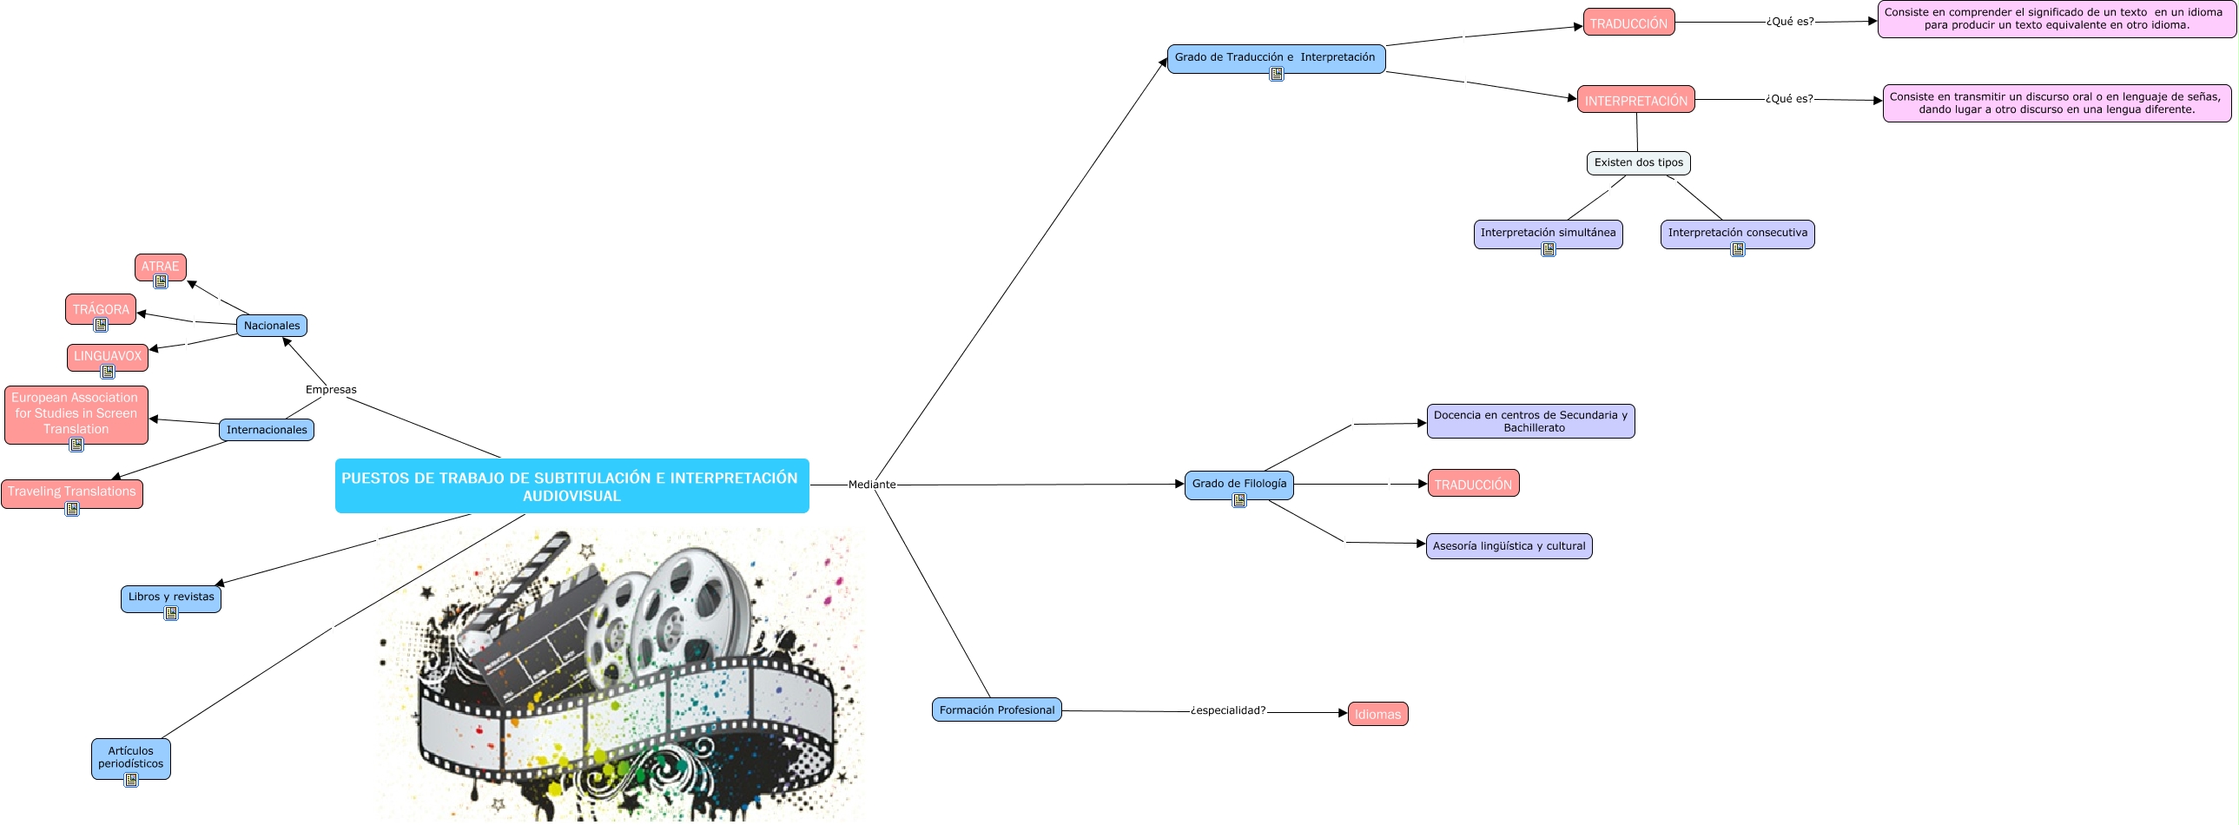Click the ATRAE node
[160, 266]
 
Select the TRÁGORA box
[100, 308]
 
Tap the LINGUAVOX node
[107, 355]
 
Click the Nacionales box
[271, 325]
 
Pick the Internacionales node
[266, 430]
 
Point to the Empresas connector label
[330, 389]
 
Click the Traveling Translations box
[71, 492]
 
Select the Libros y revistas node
[170, 597]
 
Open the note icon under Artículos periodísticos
[131, 780]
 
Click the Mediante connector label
[871, 485]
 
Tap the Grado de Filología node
[1238, 484]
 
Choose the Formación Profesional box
[996, 709]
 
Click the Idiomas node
[1377, 714]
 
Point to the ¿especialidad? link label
[1227, 710]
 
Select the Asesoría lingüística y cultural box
[1508, 546]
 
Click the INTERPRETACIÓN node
[1635, 100]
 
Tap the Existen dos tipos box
[1637, 162]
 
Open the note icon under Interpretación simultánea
[1548, 249]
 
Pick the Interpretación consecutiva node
[1737, 232]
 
